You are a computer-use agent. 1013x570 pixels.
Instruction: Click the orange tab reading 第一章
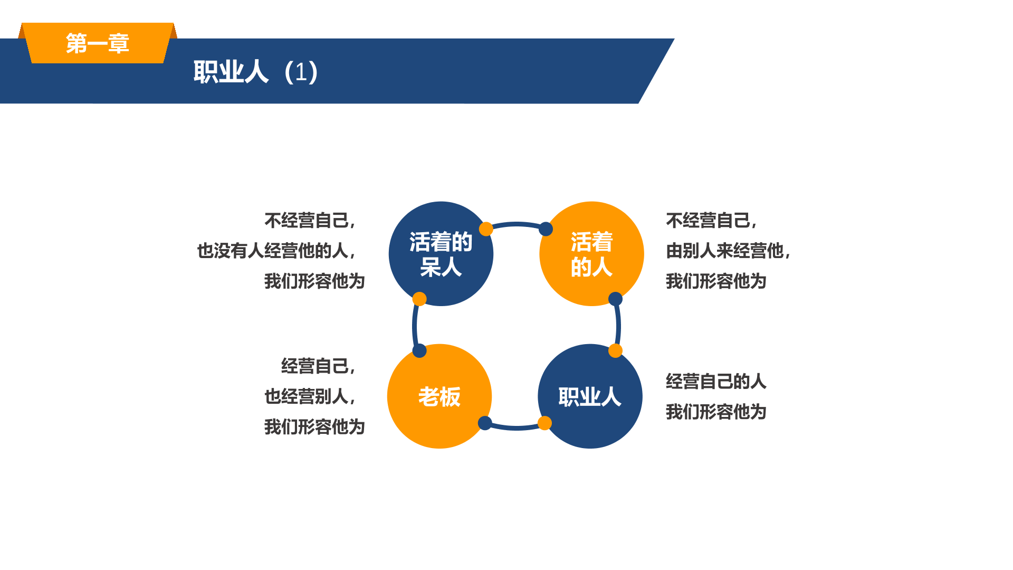(x=98, y=43)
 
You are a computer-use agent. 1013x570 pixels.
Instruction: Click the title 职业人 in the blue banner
(x=231, y=72)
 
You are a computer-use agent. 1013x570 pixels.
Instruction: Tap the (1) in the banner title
(x=301, y=72)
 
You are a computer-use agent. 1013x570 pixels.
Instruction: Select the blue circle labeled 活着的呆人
(x=441, y=254)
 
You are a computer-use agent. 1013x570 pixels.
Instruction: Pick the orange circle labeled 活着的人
(x=591, y=254)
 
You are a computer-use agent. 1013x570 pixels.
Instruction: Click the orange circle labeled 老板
(x=439, y=396)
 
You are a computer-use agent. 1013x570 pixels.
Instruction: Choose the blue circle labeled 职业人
(x=590, y=396)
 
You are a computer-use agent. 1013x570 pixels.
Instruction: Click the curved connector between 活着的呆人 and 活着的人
(x=516, y=224)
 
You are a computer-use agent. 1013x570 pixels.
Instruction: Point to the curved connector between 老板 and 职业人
(x=515, y=427)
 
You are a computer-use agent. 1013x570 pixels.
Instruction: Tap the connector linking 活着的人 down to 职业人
(x=618, y=326)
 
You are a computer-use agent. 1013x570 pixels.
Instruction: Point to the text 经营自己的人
(x=716, y=381)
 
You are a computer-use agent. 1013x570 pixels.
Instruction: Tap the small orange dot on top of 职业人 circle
(x=615, y=350)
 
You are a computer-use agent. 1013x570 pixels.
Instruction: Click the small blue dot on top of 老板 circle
(x=419, y=350)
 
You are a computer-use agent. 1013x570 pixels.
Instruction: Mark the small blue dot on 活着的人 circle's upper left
(x=546, y=229)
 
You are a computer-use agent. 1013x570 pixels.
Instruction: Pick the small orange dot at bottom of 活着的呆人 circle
(x=419, y=299)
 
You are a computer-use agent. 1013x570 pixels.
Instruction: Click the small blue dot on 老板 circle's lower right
(x=485, y=423)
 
